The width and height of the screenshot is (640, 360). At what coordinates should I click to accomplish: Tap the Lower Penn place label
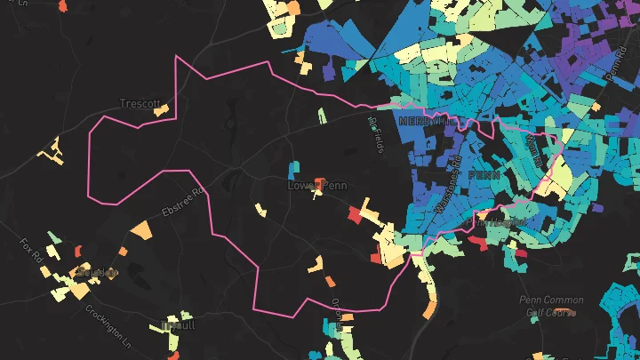coord(317,186)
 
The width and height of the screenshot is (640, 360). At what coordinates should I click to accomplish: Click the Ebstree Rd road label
coord(183,203)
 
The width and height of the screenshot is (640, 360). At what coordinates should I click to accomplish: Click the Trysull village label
coord(180,324)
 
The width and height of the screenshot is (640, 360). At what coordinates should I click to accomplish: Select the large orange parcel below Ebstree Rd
coord(141,230)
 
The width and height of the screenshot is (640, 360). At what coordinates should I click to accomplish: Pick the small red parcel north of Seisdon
coord(77,250)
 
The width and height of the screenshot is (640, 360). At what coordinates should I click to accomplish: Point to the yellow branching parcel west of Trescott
coord(53,153)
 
